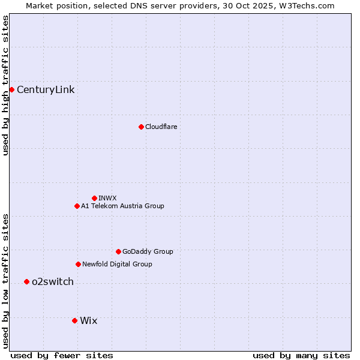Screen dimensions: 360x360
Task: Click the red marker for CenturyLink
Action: (11, 89)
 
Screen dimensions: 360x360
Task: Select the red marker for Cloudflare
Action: (141, 127)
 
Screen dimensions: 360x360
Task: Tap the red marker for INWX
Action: (94, 198)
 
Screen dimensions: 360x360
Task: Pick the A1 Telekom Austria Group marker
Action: (77, 206)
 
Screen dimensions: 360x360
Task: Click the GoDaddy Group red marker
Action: (118, 251)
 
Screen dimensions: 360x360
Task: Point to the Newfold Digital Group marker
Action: (78, 264)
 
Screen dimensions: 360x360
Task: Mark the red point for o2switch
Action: (26, 281)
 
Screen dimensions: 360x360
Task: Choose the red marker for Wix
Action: (74, 320)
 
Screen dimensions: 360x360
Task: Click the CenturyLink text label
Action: (46, 90)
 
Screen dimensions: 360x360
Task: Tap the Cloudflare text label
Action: (161, 127)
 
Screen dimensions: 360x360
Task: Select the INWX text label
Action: (107, 198)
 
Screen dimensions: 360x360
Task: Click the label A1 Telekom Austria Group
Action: (122, 206)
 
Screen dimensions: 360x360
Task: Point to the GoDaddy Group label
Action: (148, 251)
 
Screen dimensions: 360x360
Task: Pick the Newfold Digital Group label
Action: (117, 264)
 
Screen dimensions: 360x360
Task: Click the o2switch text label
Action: (53, 282)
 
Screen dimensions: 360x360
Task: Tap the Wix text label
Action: (88, 320)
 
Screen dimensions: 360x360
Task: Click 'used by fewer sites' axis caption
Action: (62, 355)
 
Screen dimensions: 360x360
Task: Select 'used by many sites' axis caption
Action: (301, 355)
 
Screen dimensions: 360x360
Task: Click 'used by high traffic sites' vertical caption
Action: (6, 85)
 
